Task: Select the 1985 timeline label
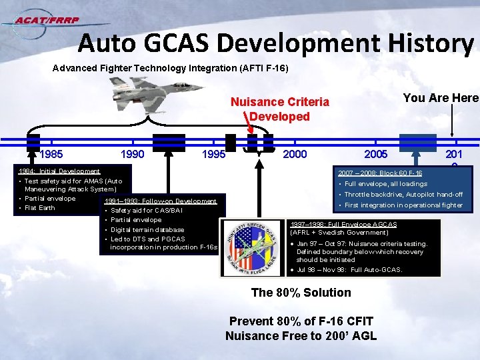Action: click(51, 155)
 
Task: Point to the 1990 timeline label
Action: click(132, 155)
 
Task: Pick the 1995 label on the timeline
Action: click(213, 155)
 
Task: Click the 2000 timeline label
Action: click(295, 155)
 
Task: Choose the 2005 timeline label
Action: click(377, 155)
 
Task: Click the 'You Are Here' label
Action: click(441, 98)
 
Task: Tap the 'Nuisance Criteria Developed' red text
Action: click(280, 109)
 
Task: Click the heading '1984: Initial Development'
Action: click(59, 171)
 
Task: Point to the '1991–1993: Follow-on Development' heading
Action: click(160, 201)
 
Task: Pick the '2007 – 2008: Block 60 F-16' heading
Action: click(380, 173)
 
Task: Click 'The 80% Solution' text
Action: click(301, 292)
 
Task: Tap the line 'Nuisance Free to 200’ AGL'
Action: click(301, 336)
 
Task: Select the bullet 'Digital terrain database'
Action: click(147, 229)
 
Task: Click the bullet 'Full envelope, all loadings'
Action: click(386, 184)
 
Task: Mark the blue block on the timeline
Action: click(417, 143)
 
